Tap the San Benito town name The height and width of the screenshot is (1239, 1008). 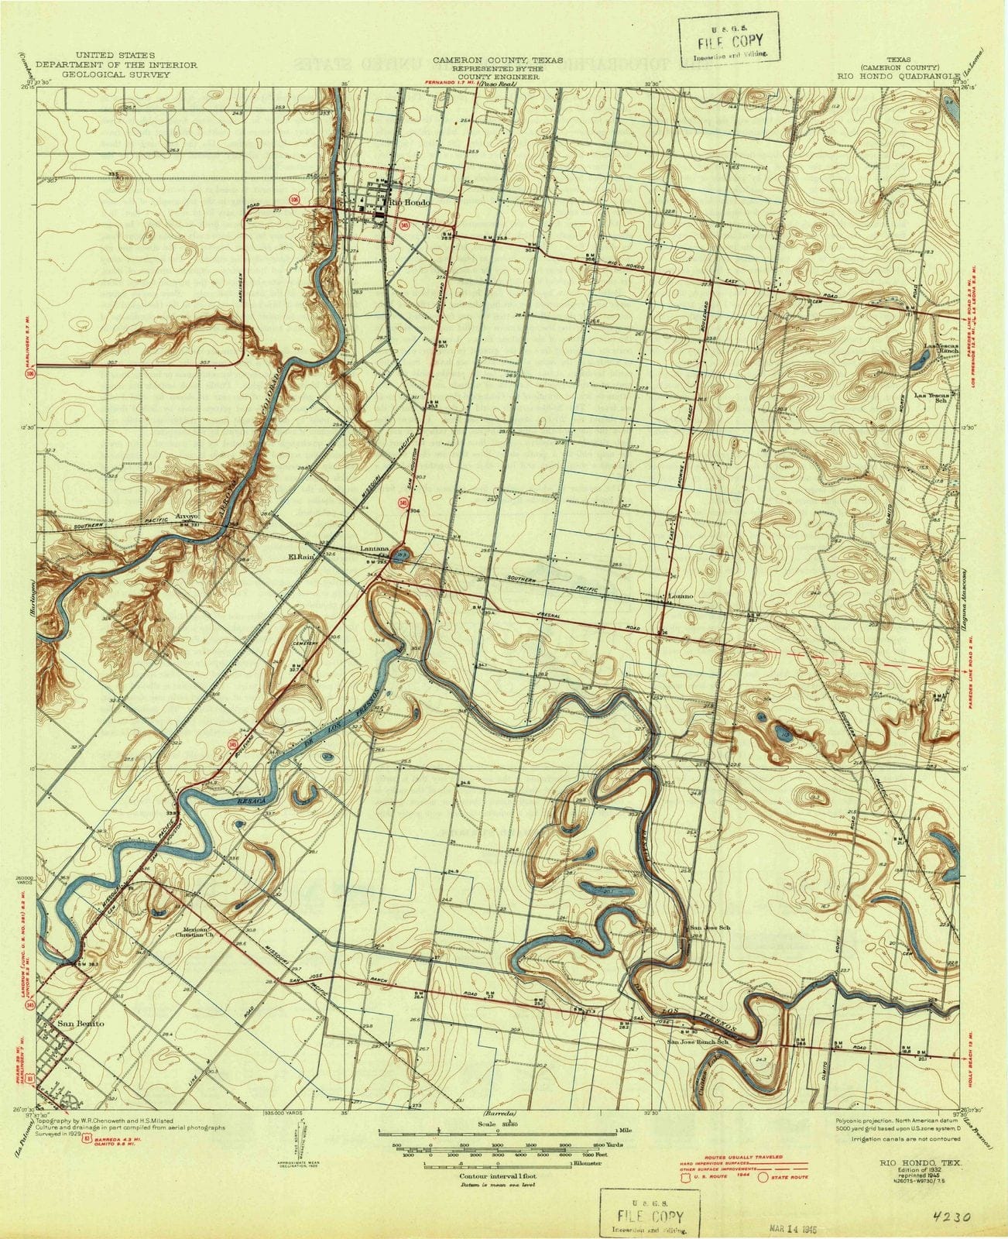coord(80,1023)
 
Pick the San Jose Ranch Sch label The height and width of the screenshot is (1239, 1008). coord(699,1042)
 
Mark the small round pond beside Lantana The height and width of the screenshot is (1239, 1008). coord(400,557)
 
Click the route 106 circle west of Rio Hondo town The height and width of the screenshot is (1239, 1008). coord(294,200)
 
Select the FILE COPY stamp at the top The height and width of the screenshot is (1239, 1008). coord(730,42)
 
